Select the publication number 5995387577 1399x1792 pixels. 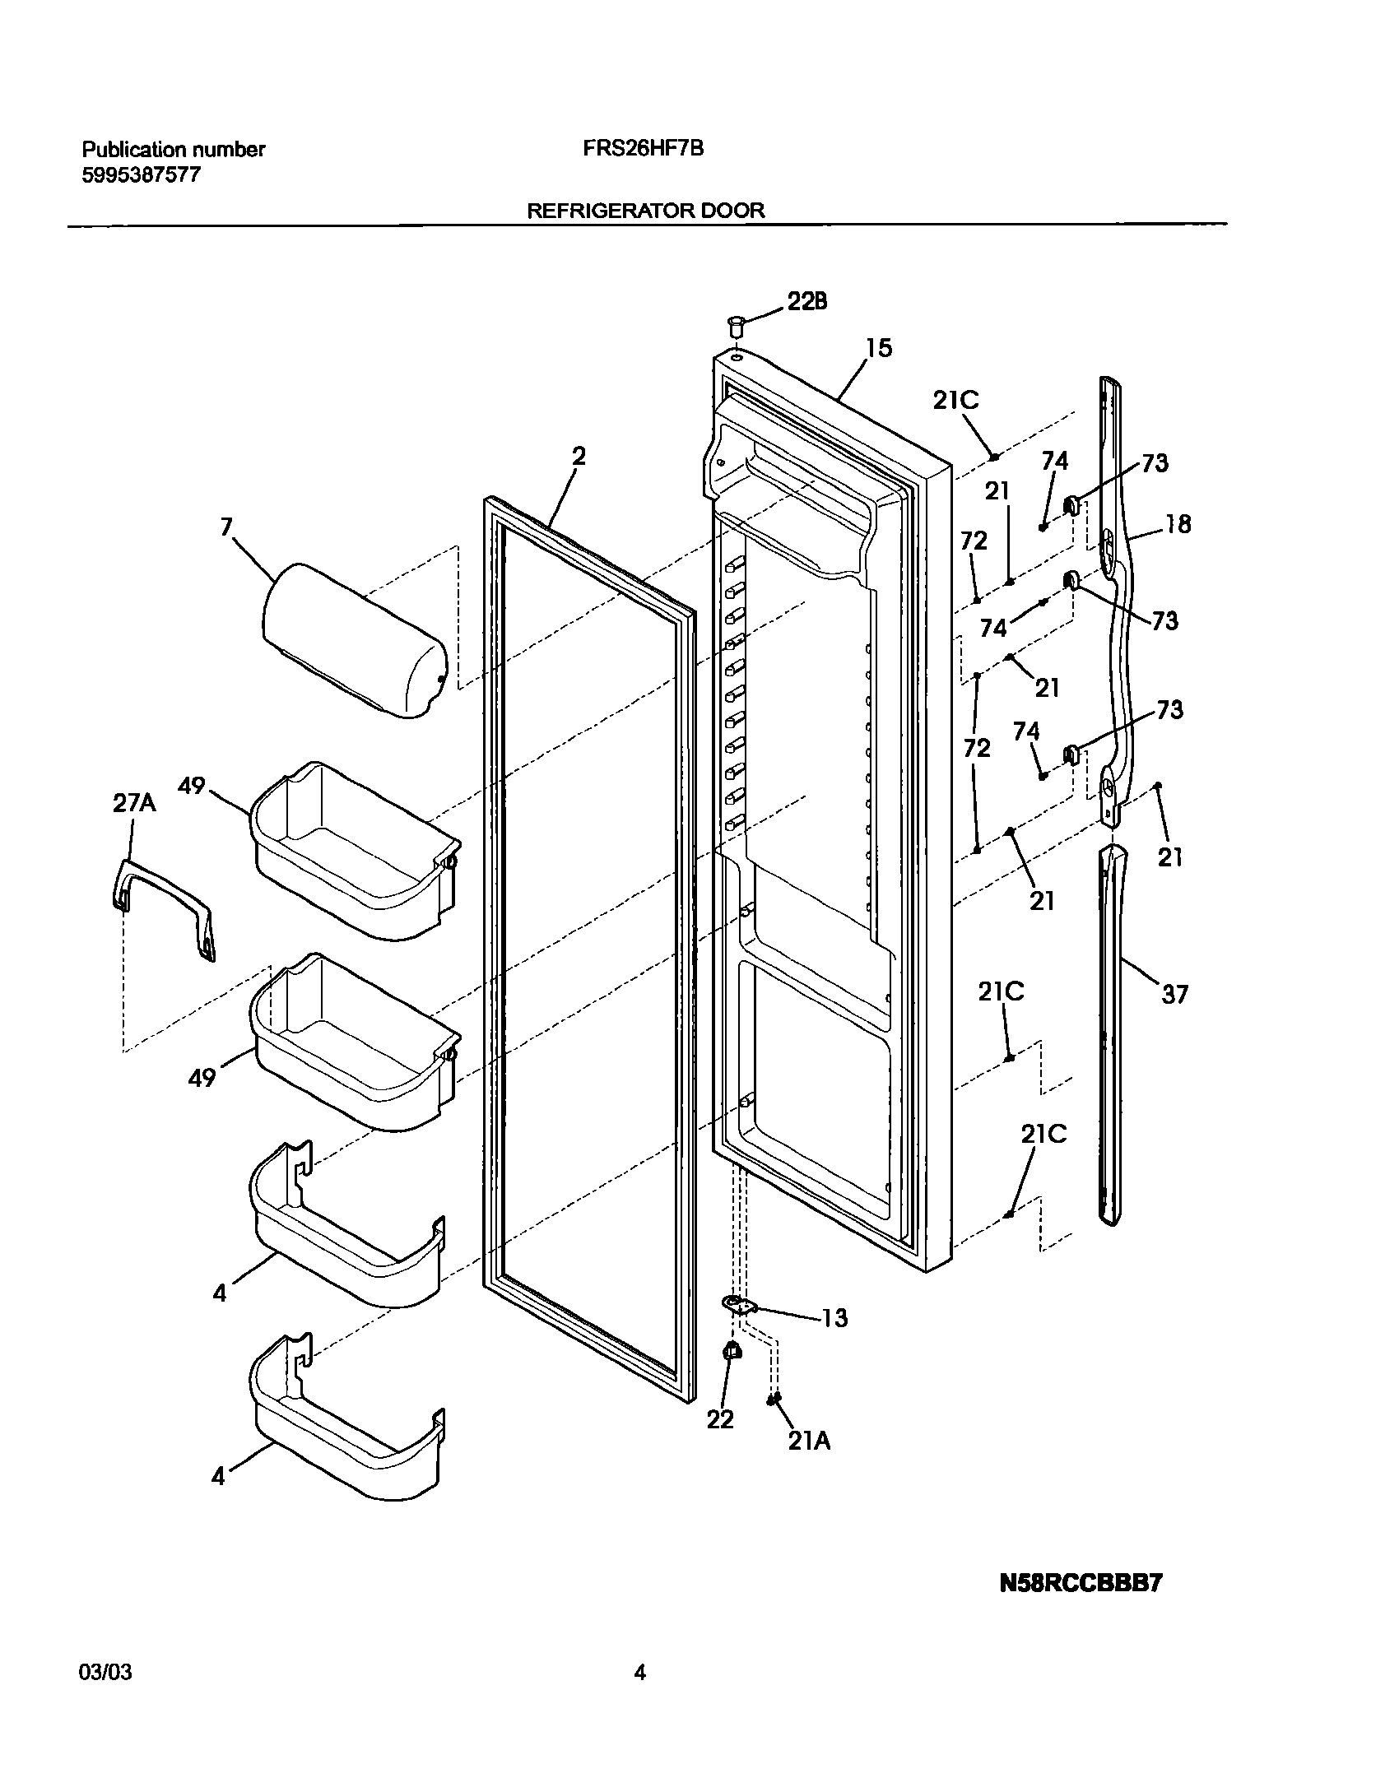(141, 175)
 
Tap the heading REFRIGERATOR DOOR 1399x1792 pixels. (645, 211)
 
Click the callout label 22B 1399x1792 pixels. (806, 302)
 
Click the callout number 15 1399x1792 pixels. (879, 348)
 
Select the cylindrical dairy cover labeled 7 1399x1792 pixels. (354, 640)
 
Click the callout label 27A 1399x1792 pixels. (133, 803)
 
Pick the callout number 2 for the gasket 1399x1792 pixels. (579, 457)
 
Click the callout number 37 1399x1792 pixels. (1174, 995)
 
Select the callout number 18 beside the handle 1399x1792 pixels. (1178, 524)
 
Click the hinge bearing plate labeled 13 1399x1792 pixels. (740, 1304)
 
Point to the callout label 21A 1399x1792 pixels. (809, 1441)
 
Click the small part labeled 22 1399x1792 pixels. (731, 1352)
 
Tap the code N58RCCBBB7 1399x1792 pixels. (1080, 1584)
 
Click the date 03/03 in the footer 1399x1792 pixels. (105, 1672)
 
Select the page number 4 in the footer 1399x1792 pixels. (639, 1672)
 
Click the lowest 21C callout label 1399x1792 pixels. (1043, 1135)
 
